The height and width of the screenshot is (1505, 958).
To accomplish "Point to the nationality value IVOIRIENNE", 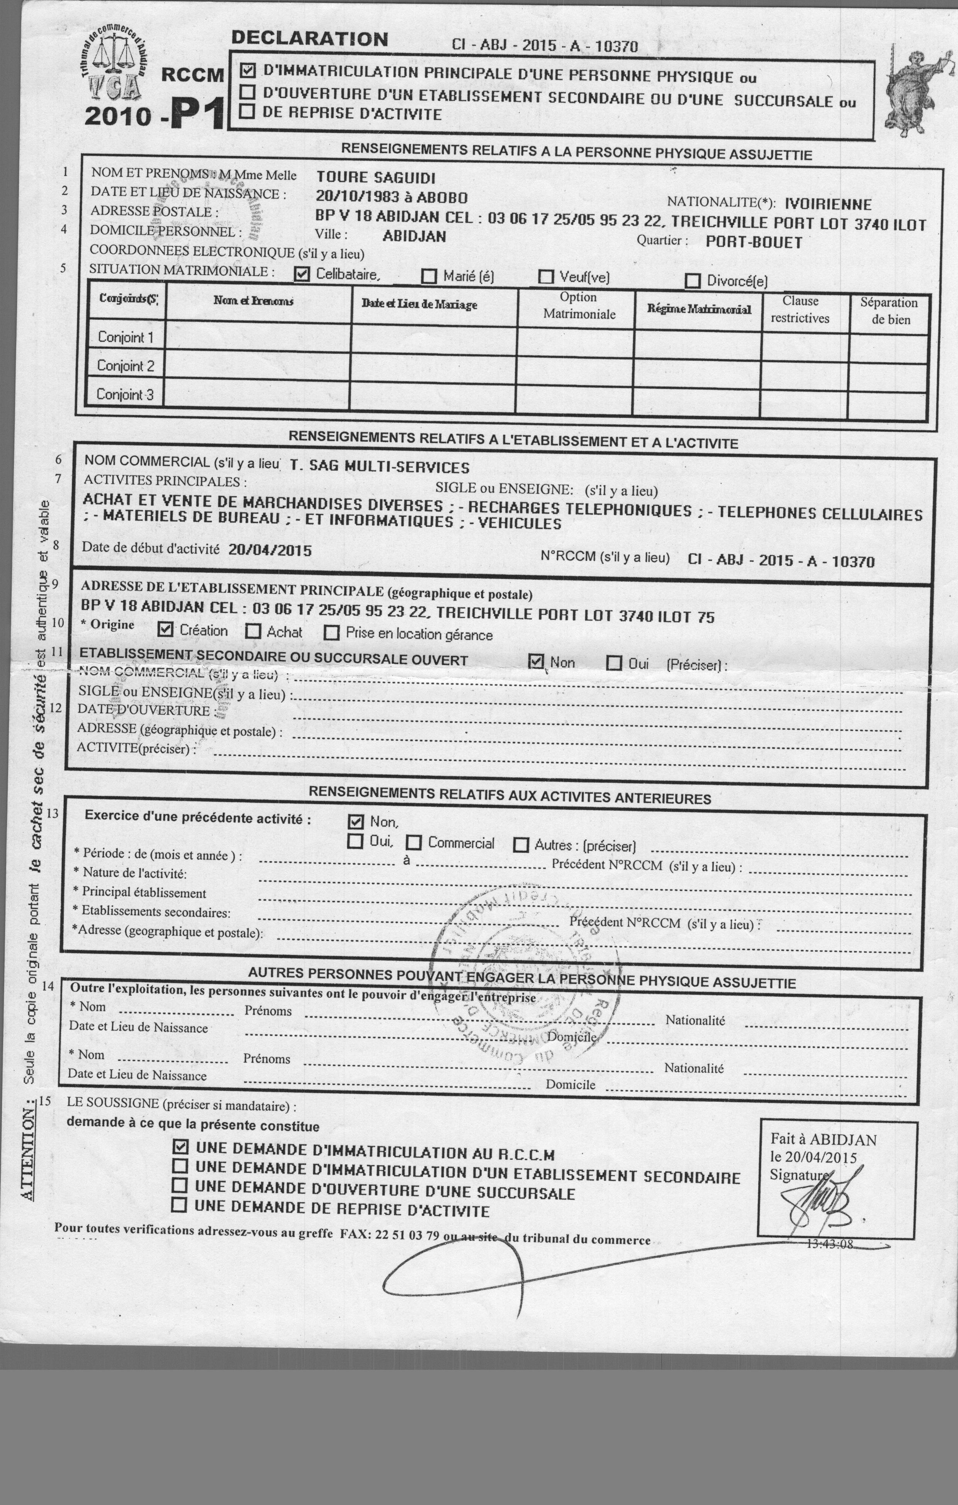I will point(828,204).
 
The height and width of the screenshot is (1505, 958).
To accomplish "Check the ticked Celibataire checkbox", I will point(302,274).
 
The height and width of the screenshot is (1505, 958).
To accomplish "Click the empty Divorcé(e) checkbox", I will point(692,281).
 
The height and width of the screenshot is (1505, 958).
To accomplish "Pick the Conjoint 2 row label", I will point(125,366).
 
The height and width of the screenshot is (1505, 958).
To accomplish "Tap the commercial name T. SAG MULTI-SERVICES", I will point(380,467).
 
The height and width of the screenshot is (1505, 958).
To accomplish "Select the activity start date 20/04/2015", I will point(270,550).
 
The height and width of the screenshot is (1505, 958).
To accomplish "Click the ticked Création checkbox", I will point(165,629).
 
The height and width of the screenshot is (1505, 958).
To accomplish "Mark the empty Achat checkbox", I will point(253,631).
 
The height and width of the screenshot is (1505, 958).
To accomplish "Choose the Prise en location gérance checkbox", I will point(331,633).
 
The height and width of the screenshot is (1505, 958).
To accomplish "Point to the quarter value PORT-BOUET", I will point(754,242).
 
